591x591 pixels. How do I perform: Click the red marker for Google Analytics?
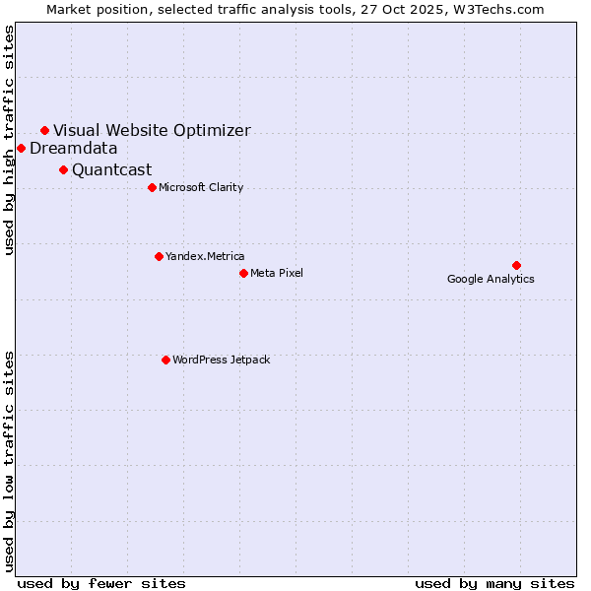point(516,265)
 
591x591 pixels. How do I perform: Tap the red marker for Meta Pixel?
point(243,273)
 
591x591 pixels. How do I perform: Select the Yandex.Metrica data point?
point(159,256)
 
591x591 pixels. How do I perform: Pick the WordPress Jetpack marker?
point(165,360)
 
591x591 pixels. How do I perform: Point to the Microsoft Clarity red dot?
point(152,187)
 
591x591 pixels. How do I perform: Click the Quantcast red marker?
point(63,169)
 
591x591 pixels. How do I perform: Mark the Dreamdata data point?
point(21,148)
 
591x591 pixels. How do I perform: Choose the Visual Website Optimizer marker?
point(44,130)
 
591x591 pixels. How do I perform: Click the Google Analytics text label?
point(491,279)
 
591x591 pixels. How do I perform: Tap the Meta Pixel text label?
point(277,273)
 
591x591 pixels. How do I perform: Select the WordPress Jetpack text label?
point(221,360)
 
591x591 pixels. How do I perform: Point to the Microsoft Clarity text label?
point(201,187)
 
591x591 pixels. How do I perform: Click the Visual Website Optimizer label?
point(152,130)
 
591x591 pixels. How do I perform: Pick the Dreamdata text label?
point(74,149)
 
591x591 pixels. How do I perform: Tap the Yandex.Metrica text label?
point(205,256)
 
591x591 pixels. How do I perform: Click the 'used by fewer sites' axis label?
point(101,583)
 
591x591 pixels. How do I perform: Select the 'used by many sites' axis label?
point(494,583)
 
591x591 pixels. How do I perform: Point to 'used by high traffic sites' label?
point(10,140)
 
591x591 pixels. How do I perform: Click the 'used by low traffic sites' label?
point(10,460)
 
